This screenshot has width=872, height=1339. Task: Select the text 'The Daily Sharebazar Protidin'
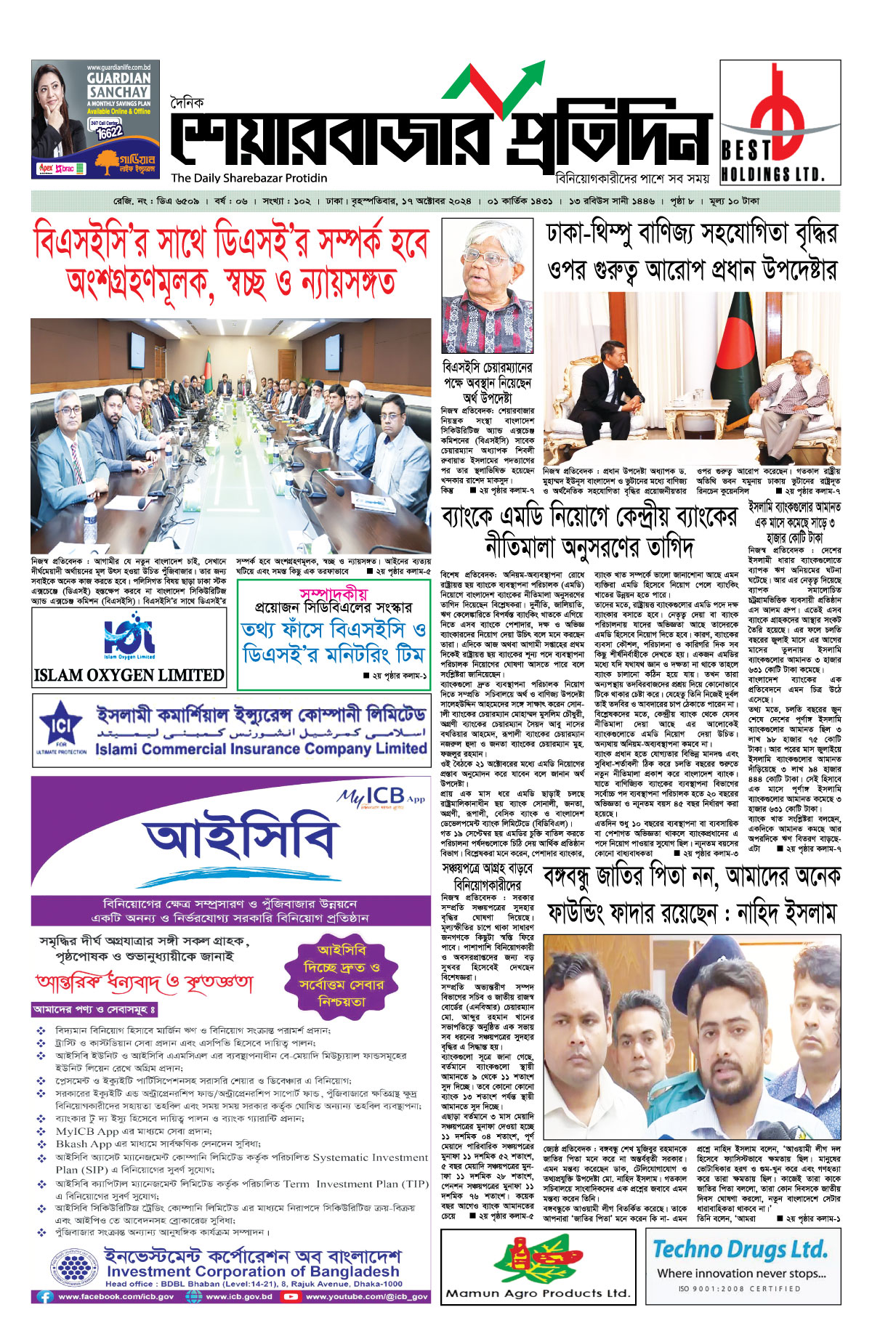point(249,178)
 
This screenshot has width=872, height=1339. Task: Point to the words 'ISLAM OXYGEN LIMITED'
point(129,675)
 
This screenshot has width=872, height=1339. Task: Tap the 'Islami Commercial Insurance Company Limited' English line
point(260,748)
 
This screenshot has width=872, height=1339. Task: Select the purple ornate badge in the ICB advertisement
point(341,976)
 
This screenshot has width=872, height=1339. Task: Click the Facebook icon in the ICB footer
point(45,1297)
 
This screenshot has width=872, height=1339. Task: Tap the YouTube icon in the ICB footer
point(292,1297)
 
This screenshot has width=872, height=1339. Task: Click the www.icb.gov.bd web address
point(238,1297)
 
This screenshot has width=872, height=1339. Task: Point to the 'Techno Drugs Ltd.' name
point(740,1249)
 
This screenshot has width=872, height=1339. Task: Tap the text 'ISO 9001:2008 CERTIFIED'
point(740,1289)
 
